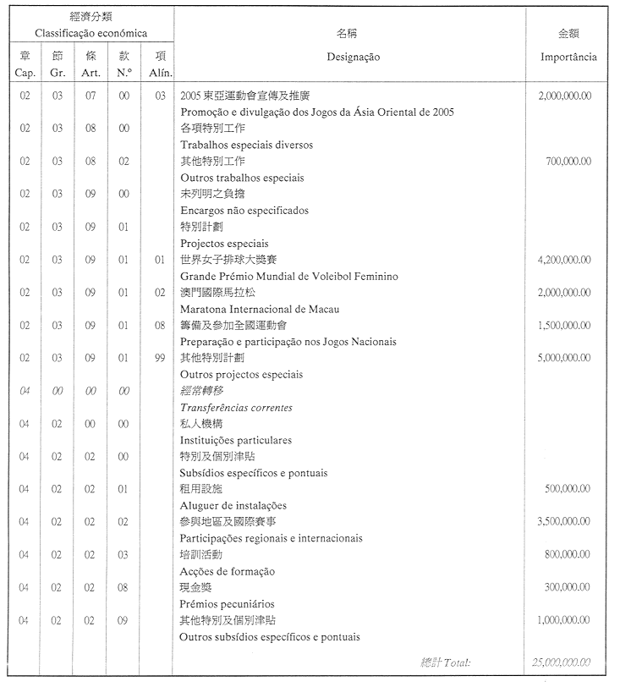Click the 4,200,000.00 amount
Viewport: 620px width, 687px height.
(564, 260)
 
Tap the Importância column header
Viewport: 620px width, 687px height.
(568, 58)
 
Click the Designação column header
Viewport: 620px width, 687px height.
(353, 58)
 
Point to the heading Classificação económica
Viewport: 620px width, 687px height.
(91, 34)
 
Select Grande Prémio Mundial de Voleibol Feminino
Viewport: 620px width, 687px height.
(289, 277)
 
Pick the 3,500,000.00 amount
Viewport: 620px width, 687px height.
(564, 522)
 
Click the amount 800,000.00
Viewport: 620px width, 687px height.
(568, 555)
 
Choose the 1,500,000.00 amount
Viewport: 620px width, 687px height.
(564, 326)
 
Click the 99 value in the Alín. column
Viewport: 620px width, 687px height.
(159, 359)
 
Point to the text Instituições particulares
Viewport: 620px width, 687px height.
(236, 440)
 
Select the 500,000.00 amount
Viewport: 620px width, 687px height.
(568, 490)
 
